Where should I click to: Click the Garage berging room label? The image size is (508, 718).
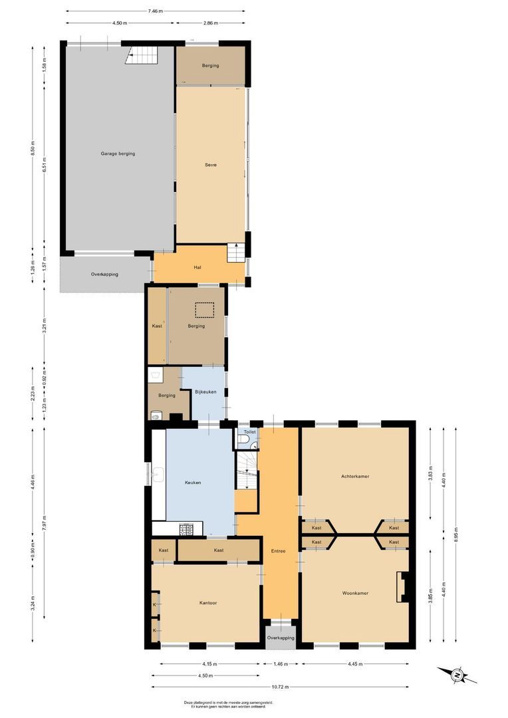pos(118,154)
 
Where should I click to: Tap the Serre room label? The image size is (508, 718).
pos(211,165)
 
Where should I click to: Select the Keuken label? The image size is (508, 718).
pos(193,483)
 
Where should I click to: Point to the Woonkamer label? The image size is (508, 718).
pos(355,592)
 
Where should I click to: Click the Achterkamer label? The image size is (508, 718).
pos(355,476)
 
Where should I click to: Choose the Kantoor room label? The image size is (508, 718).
pos(208,603)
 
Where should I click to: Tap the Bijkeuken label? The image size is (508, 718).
pos(205,392)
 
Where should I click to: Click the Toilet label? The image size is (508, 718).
pos(249,432)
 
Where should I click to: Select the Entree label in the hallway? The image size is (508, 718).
pos(278,551)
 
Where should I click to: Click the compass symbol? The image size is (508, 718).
pos(457,675)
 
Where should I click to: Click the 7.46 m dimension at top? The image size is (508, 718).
pos(155,11)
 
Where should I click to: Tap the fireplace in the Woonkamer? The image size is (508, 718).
pos(402,587)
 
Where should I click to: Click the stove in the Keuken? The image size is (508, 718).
pos(186,529)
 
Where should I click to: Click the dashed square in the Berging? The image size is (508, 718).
pos(203,310)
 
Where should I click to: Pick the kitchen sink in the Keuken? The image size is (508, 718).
pos(159,475)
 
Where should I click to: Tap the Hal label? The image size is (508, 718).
pos(197,267)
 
